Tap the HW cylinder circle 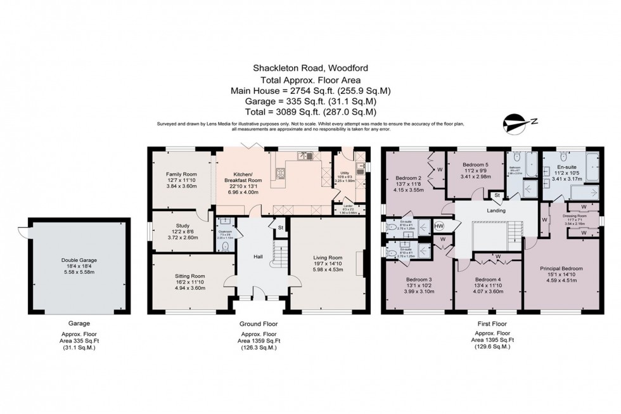pos(439,227)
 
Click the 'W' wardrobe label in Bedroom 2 pos(439,170)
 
